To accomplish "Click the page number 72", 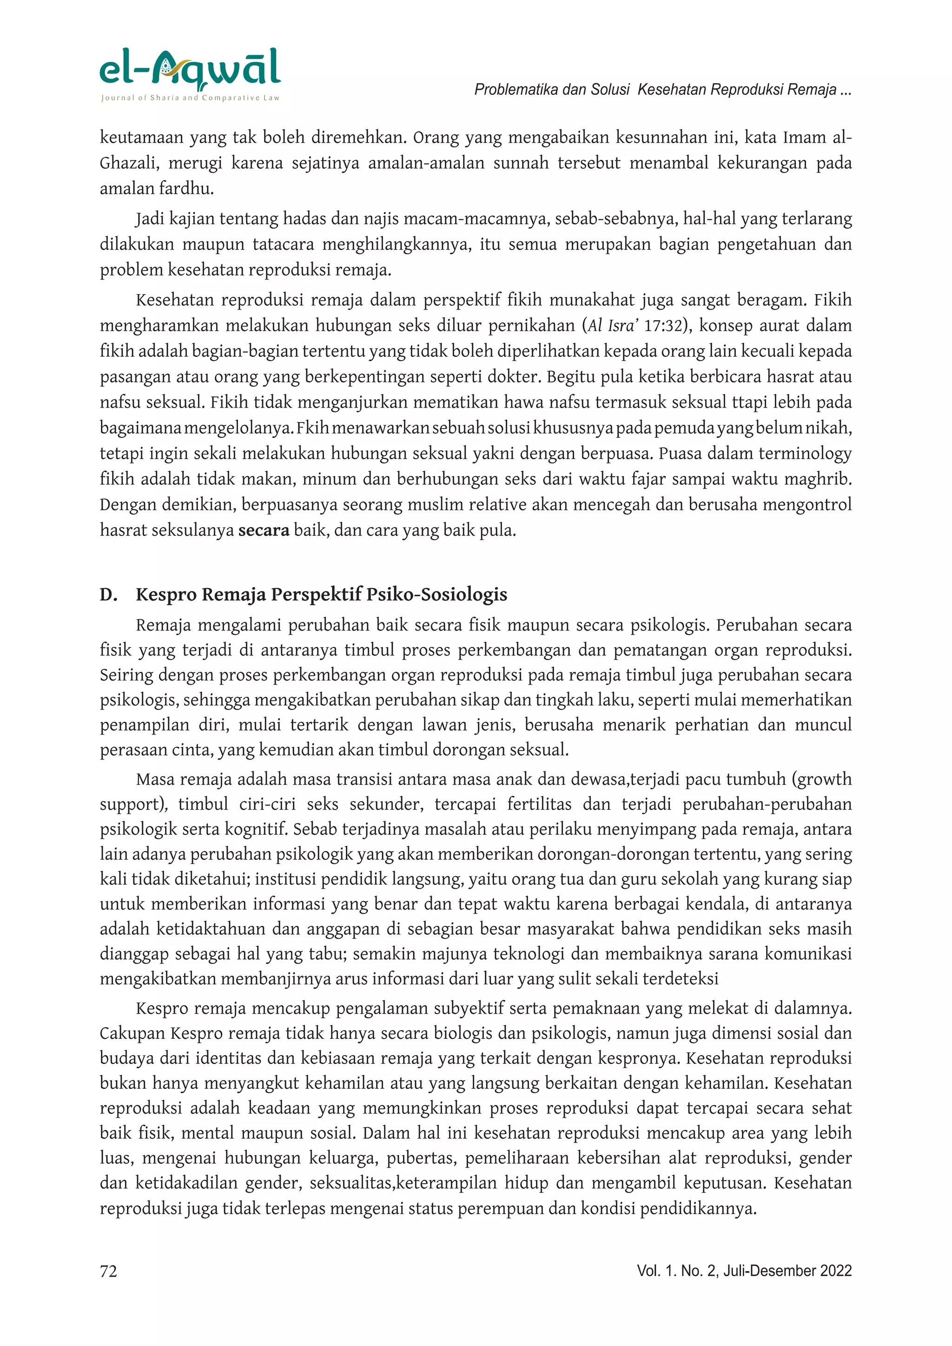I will click(x=108, y=1271).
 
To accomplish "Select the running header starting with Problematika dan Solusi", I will click(x=662, y=90).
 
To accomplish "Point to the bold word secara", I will click(x=263, y=530).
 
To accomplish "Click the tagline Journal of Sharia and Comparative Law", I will click(x=190, y=98).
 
